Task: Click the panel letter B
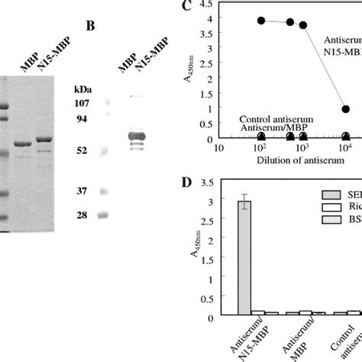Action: tap(90, 26)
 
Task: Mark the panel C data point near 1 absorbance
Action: tap(345, 109)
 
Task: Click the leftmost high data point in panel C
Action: tap(261, 21)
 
